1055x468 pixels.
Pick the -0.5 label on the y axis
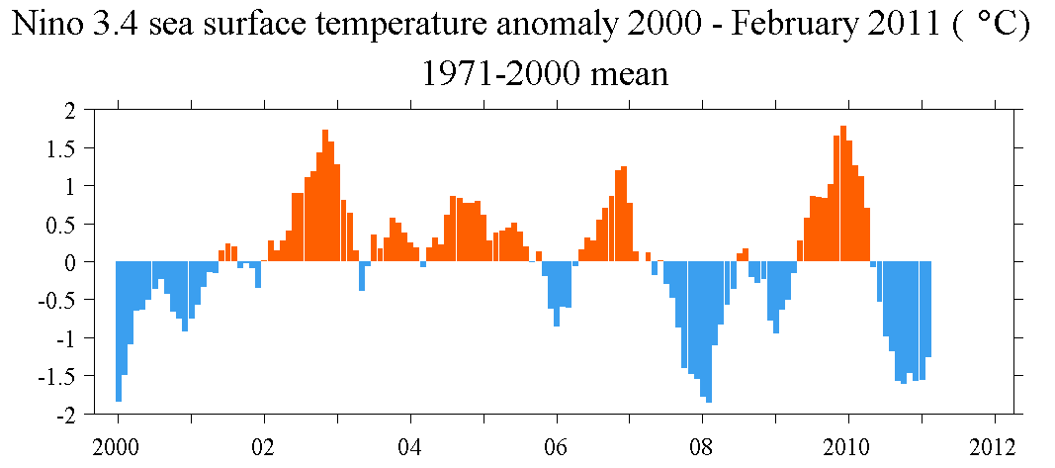coord(54,301)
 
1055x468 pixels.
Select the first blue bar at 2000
coord(119,331)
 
